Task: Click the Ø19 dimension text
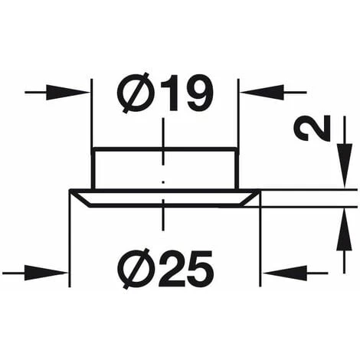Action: (164, 94)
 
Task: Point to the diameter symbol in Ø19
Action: (136, 94)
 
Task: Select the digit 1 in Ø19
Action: (168, 94)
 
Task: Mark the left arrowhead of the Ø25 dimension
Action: (57, 271)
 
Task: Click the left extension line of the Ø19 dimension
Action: (92, 115)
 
